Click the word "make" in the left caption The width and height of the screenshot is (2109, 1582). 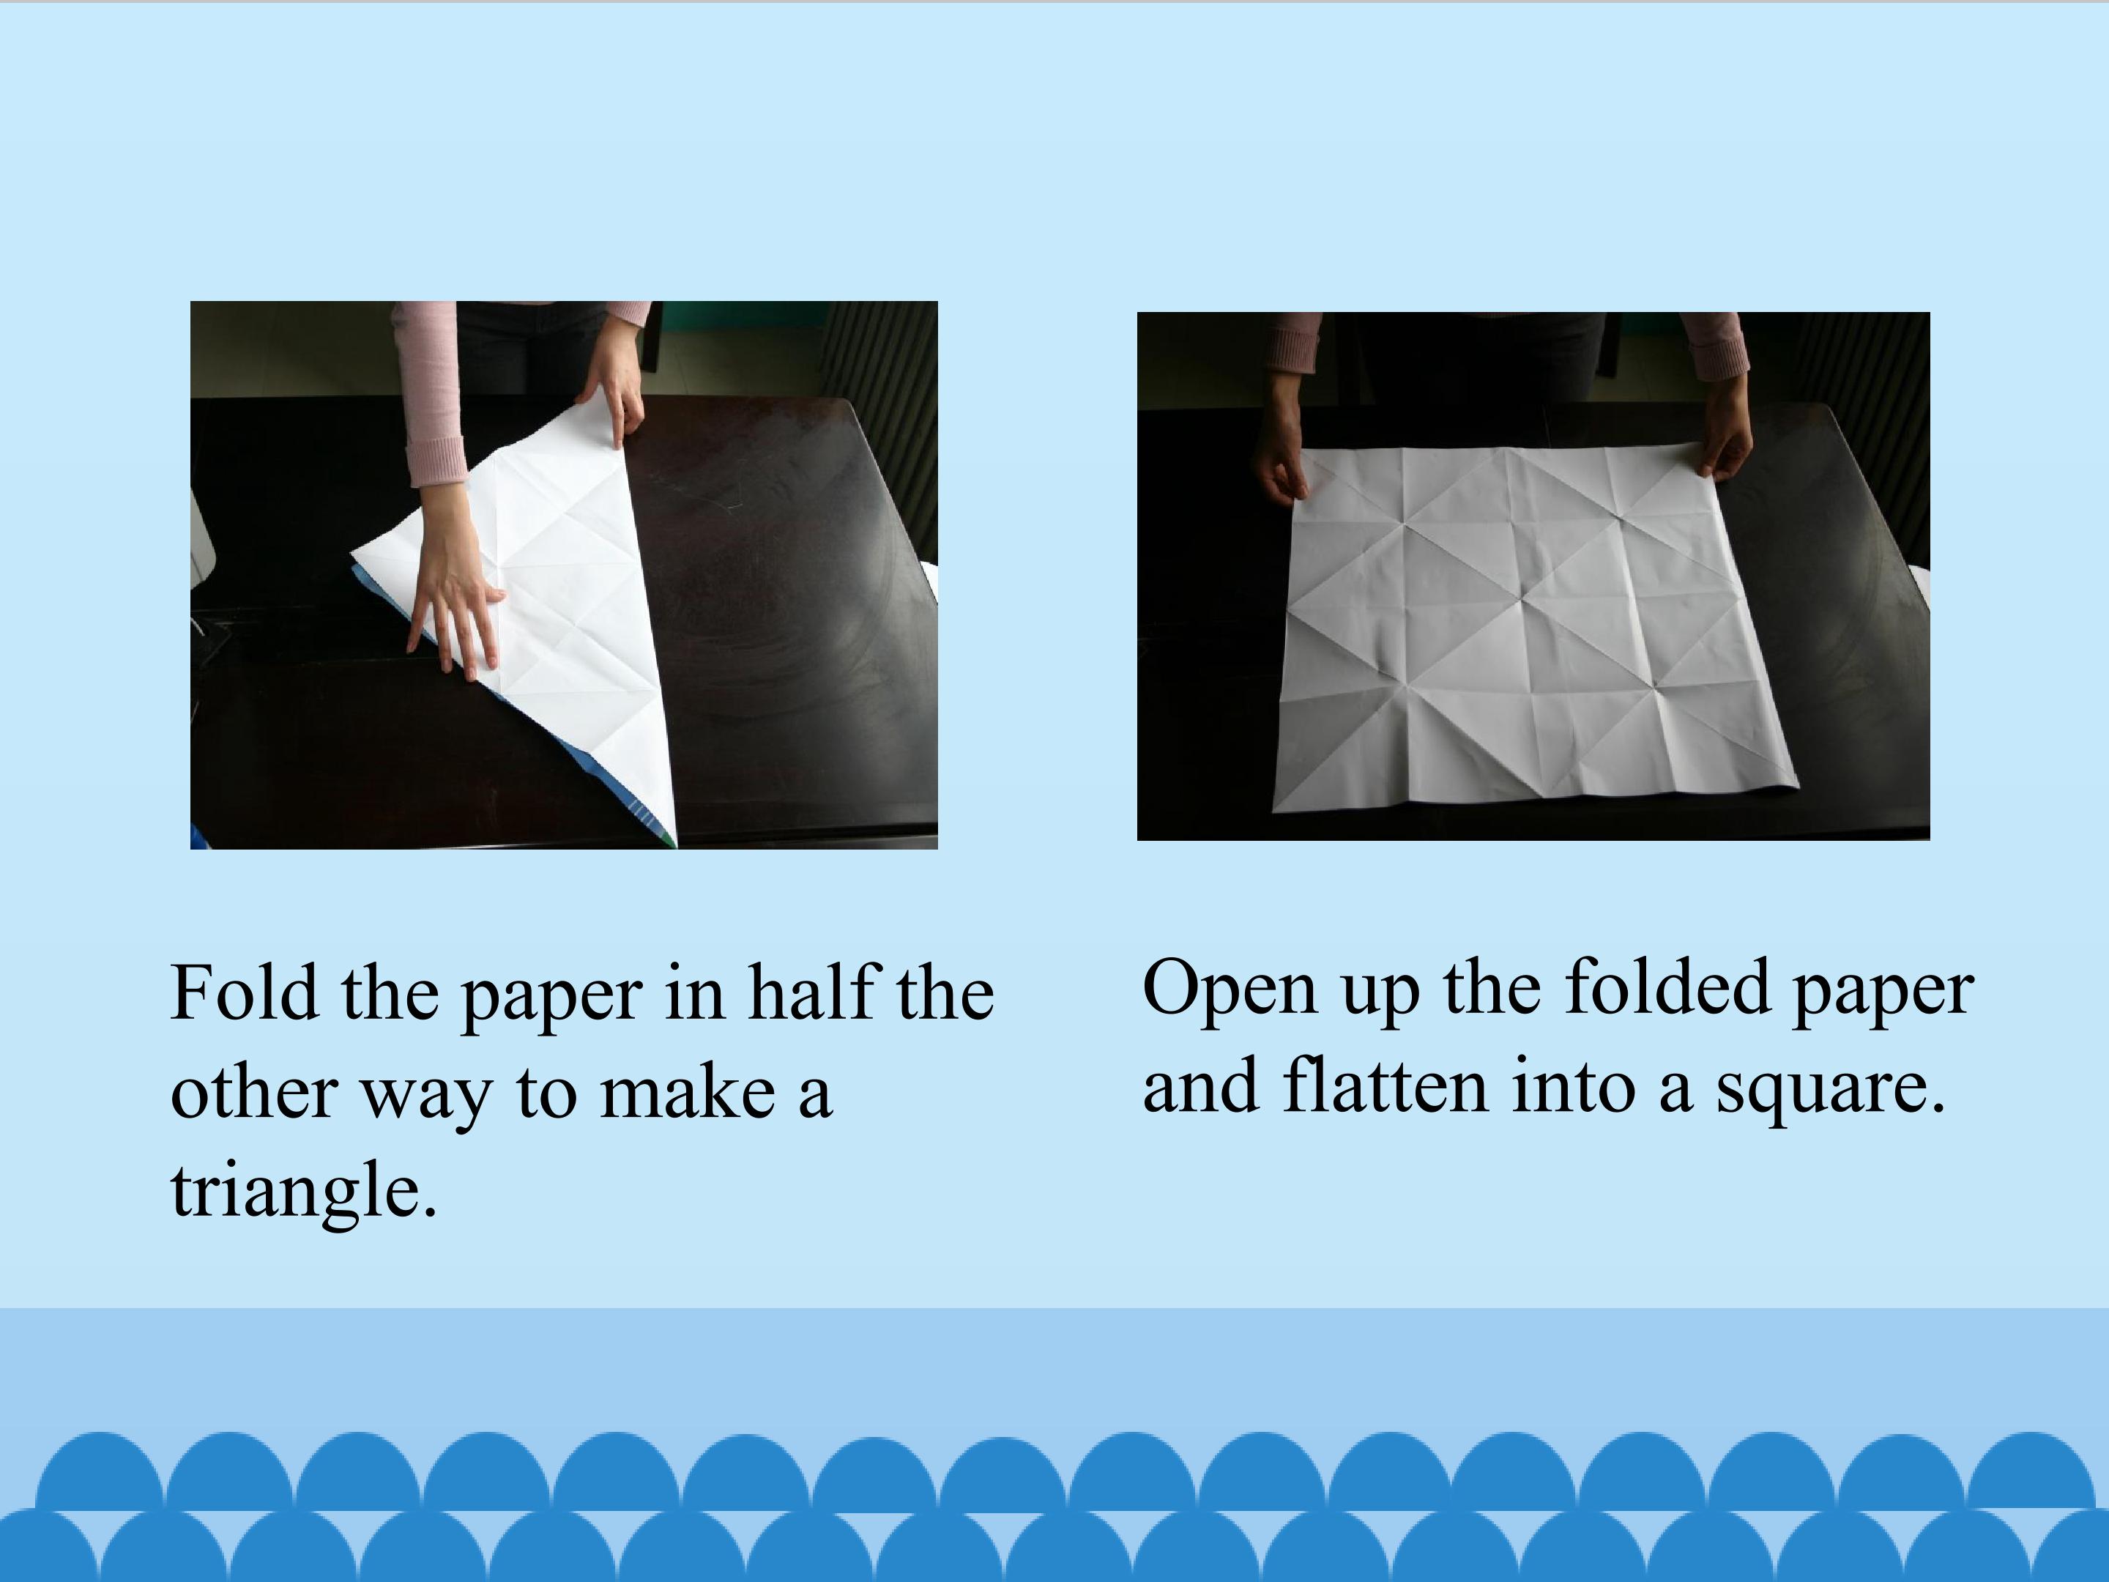pos(686,1093)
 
